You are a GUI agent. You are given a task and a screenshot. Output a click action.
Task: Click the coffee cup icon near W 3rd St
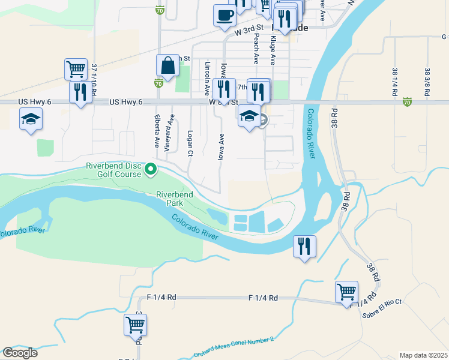point(224,15)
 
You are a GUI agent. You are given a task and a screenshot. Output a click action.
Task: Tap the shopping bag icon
point(168,65)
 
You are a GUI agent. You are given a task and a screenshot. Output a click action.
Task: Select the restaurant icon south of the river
point(304,245)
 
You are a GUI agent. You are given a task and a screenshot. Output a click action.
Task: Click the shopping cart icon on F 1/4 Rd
point(346,292)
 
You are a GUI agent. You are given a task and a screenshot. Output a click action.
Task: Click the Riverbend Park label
point(175,199)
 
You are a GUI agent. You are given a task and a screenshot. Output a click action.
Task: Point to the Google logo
point(20,352)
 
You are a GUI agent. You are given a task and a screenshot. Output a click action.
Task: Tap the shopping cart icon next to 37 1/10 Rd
point(76,69)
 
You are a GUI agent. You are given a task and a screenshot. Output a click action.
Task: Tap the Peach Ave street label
point(256,49)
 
